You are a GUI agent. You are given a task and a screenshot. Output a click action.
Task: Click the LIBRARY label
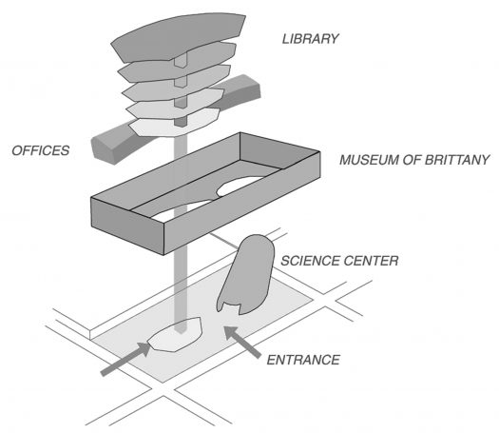pos(310,39)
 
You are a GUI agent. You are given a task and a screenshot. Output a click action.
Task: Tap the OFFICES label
pos(41,150)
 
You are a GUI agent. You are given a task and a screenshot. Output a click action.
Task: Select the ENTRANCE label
pos(303,360)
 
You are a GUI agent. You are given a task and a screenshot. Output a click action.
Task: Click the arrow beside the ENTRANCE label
pos(241,343)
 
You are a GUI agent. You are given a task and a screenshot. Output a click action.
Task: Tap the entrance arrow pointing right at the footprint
pos(125,359)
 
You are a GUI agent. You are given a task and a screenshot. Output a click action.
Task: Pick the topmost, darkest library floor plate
pos(179,37)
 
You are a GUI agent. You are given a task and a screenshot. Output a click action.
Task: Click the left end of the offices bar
pos(103,149)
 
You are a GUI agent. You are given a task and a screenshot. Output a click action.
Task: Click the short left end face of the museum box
pos(127,226)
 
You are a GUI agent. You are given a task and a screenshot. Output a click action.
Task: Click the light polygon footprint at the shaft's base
pos(175,335)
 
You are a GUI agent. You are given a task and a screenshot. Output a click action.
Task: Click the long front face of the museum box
pos(241,203)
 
